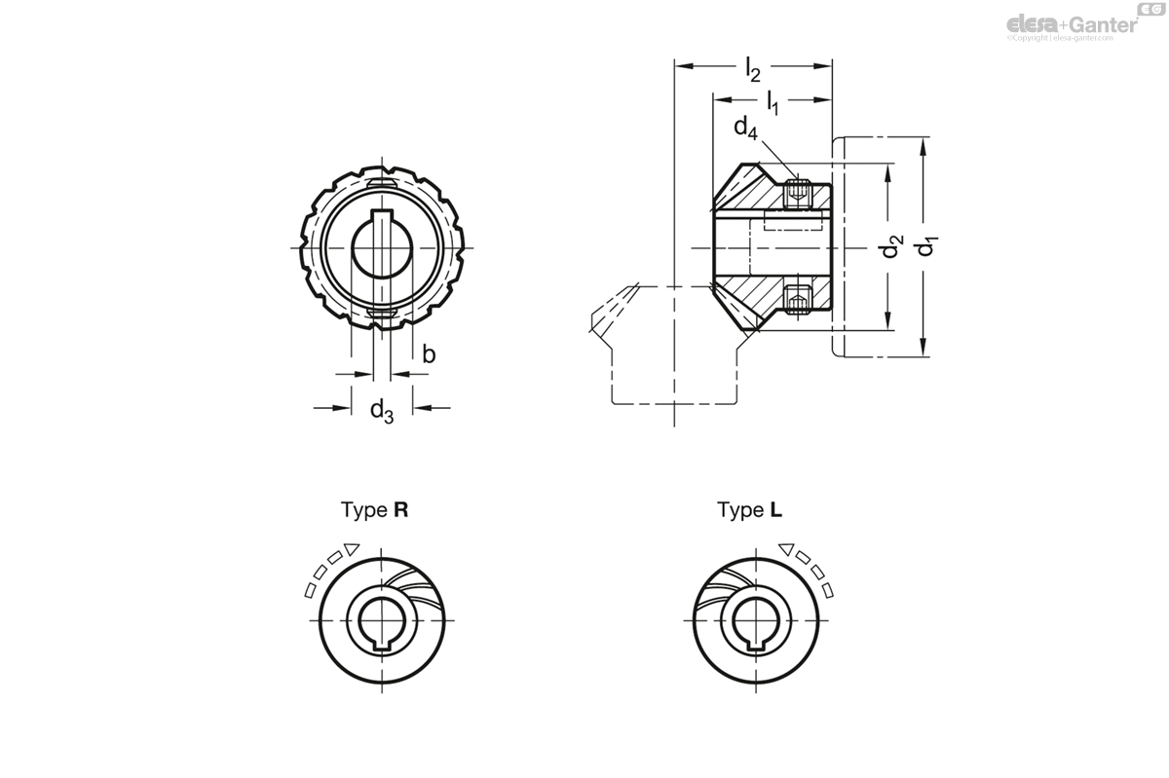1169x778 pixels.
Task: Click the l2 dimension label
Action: pyautogui.click(x=752, y=70)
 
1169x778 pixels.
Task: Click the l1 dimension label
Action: pyautogui.click(x=773, y=101)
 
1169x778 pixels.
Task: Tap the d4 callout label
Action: pyautogui.click(x=745, y=128)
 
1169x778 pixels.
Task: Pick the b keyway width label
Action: pyautogui.click(x=428, y=354)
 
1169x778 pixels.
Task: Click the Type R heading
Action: pyautogui.click(x=374, y=509)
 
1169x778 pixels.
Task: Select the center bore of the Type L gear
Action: pyautogui.click(x=756, y=619)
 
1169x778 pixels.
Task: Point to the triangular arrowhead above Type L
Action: pyautogui.click(x=786, y=549)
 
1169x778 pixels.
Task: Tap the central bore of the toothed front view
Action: pyautogui.click(x=381, y=247)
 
